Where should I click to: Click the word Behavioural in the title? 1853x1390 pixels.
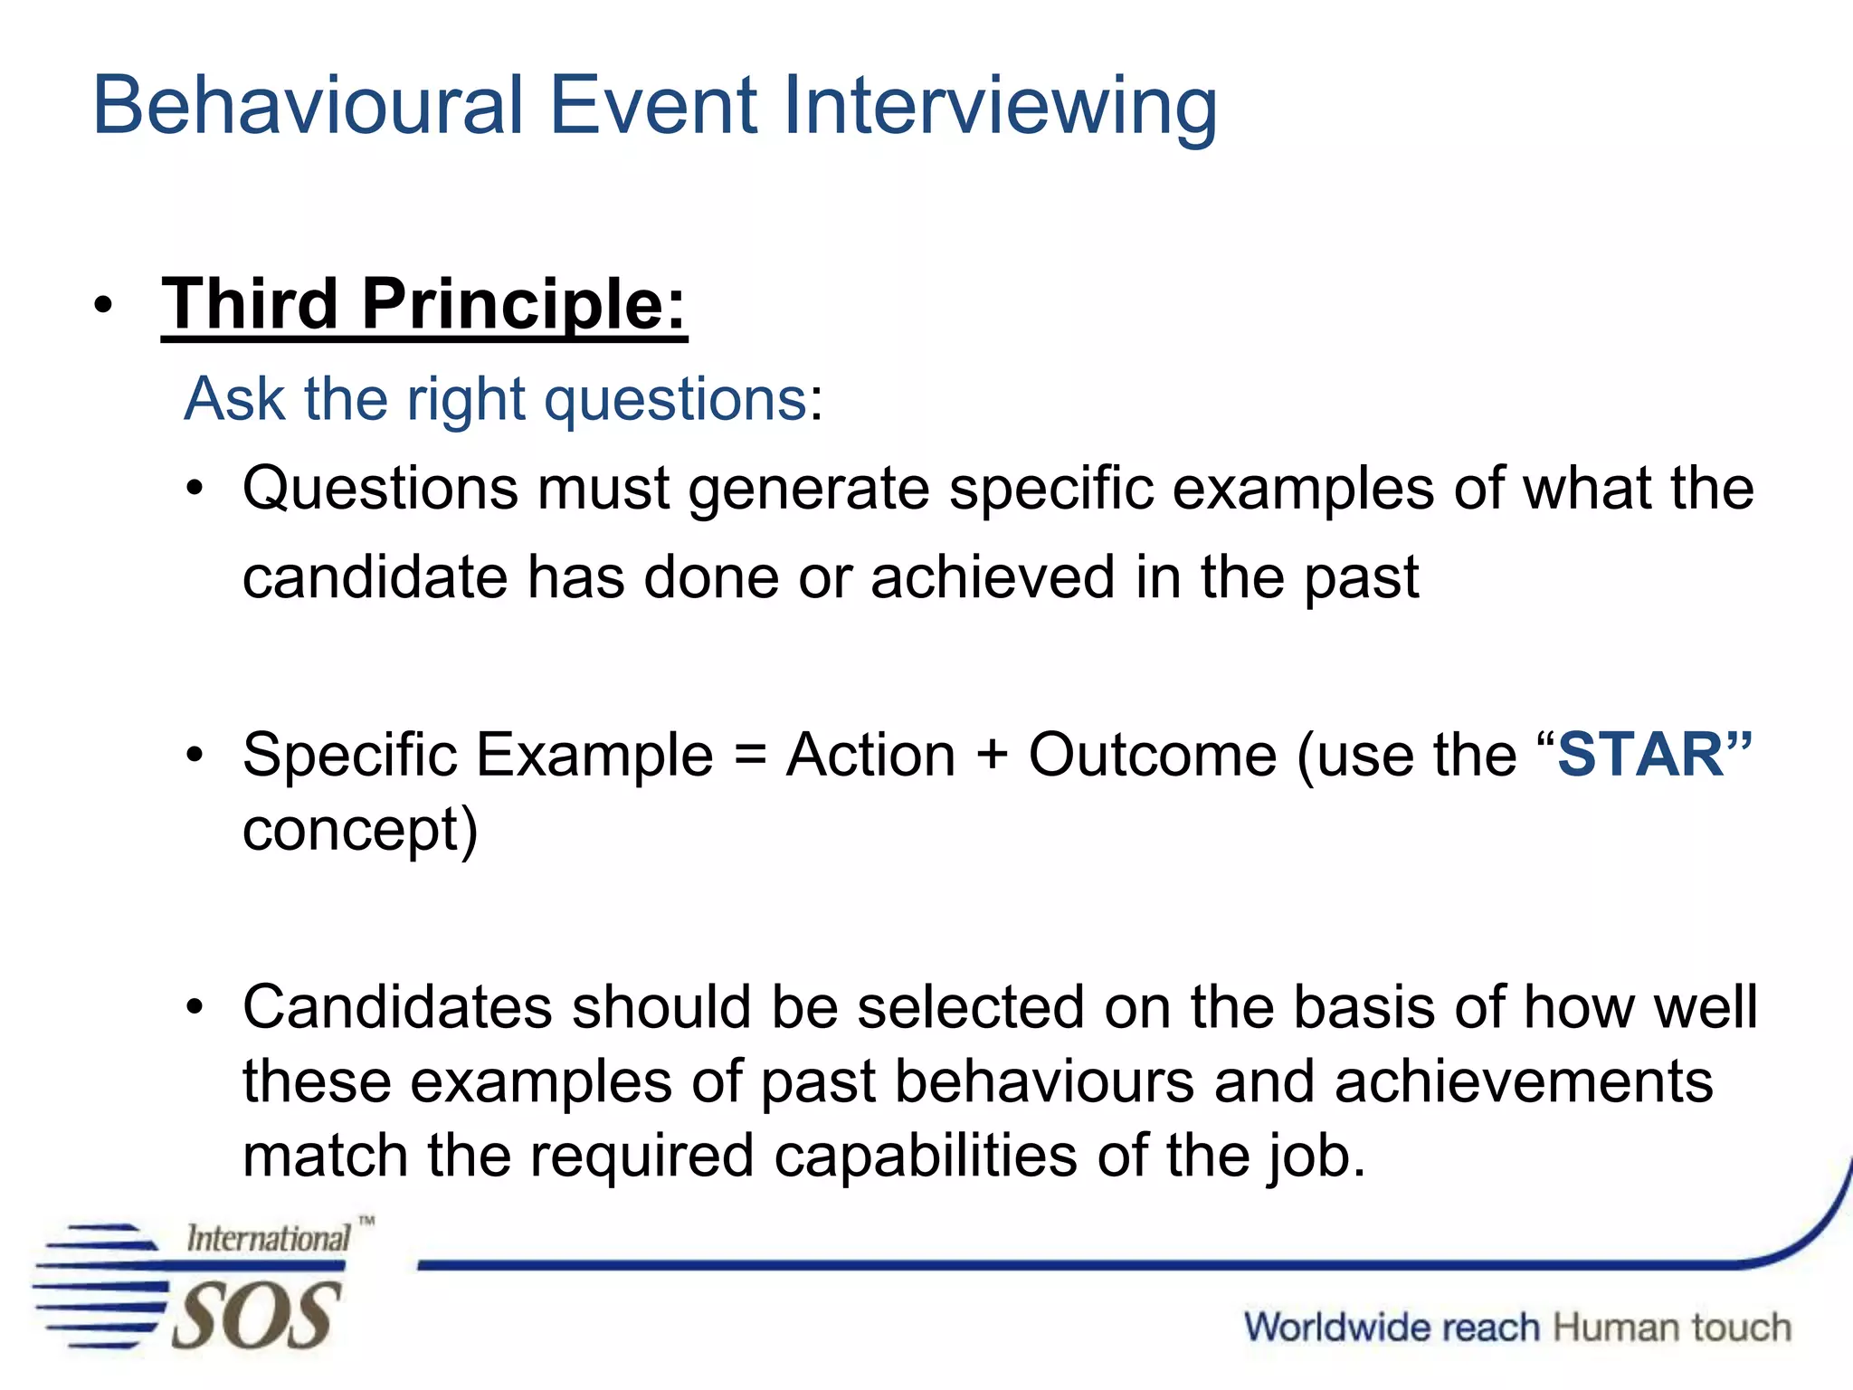pos(308,106)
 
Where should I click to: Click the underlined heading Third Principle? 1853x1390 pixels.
pos(423,304)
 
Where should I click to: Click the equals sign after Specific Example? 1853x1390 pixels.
pos(750,756)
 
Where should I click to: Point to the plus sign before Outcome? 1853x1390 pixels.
pos(992,756)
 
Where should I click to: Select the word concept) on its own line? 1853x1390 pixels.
pos(360,830)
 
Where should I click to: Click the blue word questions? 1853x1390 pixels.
pos(675,399)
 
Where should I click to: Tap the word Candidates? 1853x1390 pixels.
pos(397,1006)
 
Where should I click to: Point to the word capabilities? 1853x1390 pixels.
pos(926,1156)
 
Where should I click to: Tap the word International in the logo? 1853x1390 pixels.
pos(268,1238)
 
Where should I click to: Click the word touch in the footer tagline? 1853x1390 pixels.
pos(1742,1328)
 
